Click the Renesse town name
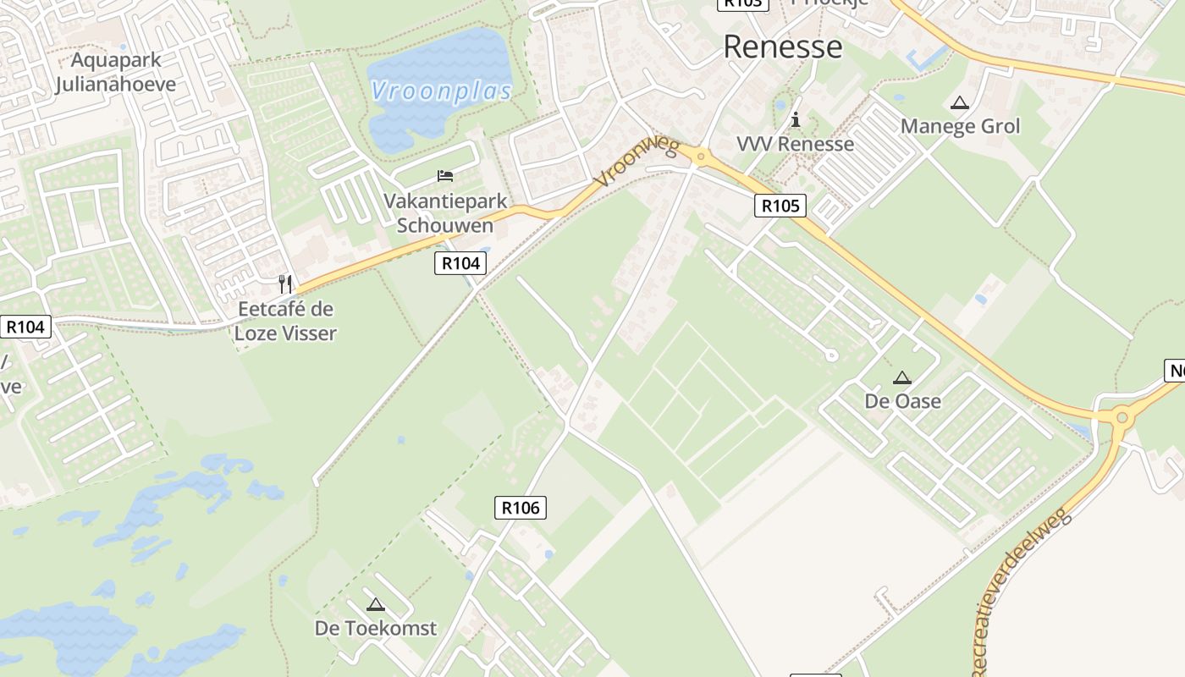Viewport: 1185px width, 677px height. point(782,47)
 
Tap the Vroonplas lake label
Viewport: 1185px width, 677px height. point(441,91)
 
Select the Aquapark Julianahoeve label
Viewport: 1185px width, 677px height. point(116,72)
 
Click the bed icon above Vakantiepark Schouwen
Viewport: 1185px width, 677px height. point(445,176)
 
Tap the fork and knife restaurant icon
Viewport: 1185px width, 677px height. point(285,284)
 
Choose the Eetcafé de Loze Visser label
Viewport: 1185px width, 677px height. point(285,322)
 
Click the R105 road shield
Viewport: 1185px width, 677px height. point(780,206)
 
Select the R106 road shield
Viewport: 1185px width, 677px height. point(520,508)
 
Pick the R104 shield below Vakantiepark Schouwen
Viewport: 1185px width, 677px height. point(460,263)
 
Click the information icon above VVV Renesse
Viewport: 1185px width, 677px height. point(795,120)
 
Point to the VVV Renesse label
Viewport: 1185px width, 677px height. point(795,144)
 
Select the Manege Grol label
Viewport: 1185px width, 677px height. point(960,127)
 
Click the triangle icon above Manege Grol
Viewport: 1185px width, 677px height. point(959,103)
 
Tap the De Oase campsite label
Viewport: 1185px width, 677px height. point(902,401)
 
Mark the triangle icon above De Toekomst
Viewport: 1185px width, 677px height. point(376,604)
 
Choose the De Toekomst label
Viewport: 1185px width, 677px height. point(376,628)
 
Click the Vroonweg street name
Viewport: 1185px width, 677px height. point(637,163)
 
